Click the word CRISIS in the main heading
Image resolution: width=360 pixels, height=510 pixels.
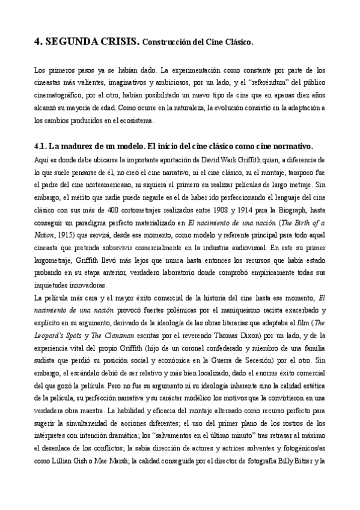click(116, 41)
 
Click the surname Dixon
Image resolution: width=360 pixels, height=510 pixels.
click(228, 336)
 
